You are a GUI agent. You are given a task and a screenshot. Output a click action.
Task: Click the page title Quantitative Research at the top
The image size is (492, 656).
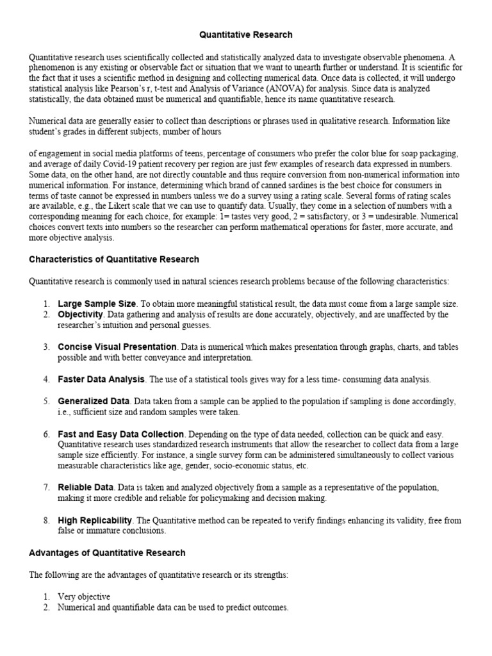(x=246, y=35)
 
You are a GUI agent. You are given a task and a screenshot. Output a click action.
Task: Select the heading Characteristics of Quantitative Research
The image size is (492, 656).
(x=114, y=259)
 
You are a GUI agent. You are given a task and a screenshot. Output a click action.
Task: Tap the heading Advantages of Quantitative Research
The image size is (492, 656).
(x=107, y=553)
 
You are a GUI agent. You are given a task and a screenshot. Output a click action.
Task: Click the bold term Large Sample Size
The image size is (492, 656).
(x=97, y=304)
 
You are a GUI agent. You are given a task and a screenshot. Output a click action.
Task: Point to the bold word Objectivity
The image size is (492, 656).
(x=81, y=315)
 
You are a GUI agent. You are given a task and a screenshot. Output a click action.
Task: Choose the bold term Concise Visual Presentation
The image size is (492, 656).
(x=117, y=347)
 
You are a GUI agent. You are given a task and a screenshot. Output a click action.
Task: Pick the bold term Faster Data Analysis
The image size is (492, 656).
(x=102, y=379)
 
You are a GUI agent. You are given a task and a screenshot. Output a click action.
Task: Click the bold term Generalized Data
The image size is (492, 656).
(x=94, y=401)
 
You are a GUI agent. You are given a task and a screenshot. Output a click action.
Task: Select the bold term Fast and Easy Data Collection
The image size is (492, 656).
(x=121, y=434)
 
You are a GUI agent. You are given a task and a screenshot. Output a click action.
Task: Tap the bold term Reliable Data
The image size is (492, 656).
(x=85, y=488)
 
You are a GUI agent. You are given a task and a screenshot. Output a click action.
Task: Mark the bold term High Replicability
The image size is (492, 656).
(x=95, y=520)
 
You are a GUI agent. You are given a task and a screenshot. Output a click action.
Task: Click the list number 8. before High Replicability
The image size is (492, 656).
(x=47, y=520)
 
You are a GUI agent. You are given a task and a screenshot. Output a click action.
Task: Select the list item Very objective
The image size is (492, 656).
(x=84, y=596)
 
